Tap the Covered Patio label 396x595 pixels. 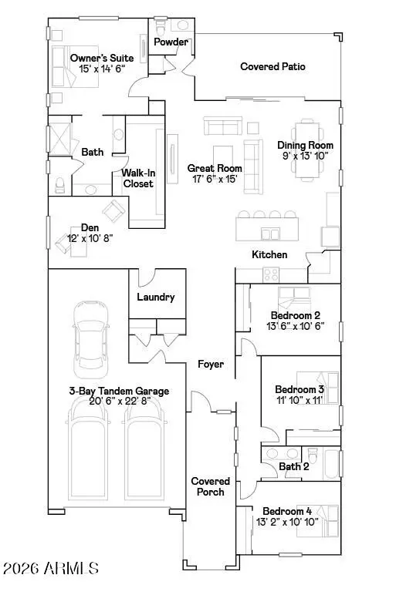[272, 67]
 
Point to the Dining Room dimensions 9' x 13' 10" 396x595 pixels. [306, 156]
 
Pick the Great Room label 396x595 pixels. [215, 167]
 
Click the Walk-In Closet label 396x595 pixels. [137, 179]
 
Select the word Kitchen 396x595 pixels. [269, 254]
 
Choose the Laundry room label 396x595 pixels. [156, 297]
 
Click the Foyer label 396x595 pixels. [211, 363]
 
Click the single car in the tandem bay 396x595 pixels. [89, 334]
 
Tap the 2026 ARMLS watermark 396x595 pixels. [51, 570]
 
